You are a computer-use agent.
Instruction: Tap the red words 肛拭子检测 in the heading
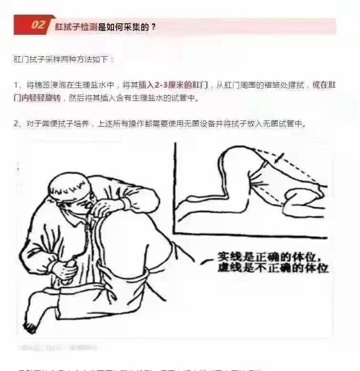[x=76, y=27]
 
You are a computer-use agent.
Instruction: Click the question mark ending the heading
[x=153, y=27]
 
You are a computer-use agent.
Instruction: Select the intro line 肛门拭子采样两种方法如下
[x=64, y=60]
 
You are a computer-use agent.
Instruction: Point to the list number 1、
[x=19, y=85]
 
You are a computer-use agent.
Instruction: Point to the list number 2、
[x=19, y=123]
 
